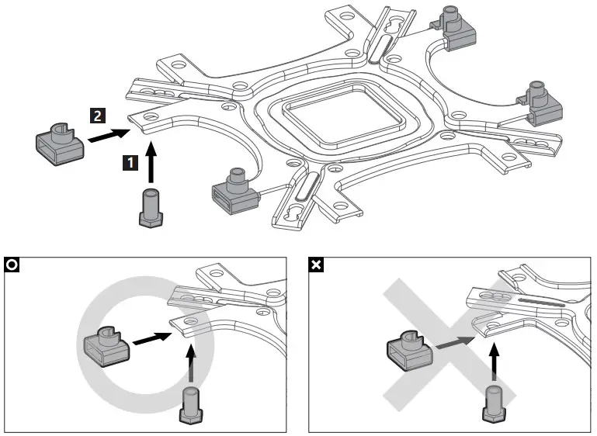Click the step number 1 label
click(132, 162)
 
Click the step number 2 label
click(96, 116)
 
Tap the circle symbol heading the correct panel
click(12, 265)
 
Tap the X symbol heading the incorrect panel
click(318, 265)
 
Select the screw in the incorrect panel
click(493, 403)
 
